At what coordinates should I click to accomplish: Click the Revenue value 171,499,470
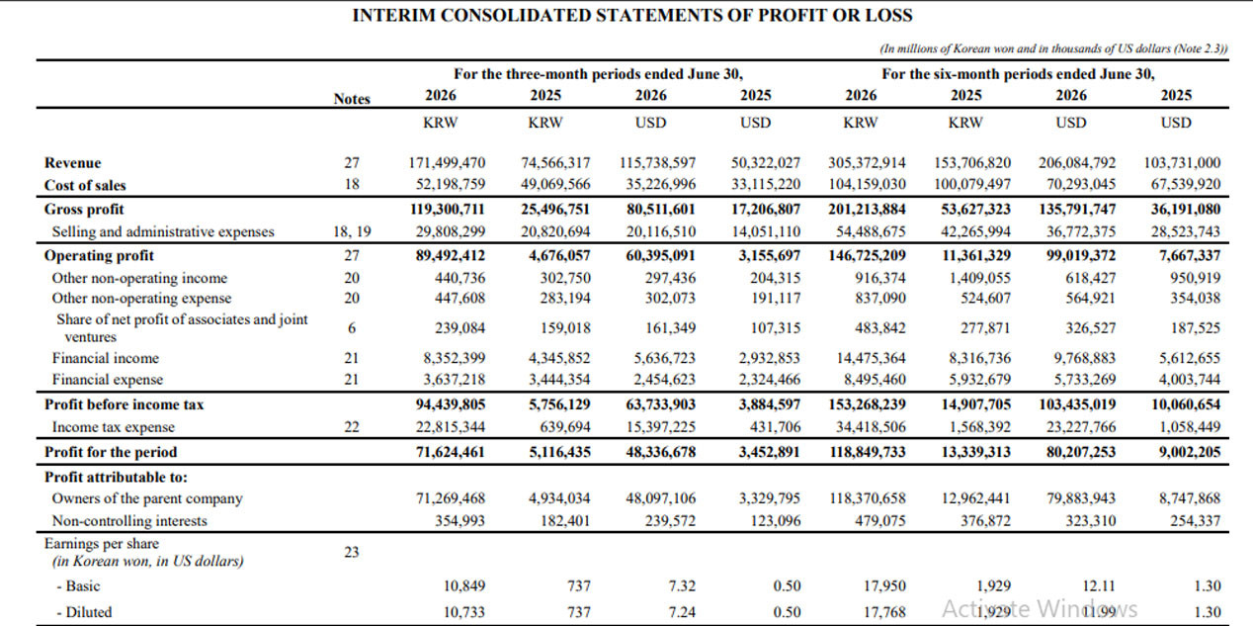point(447,163)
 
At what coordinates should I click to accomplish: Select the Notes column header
point(352,99)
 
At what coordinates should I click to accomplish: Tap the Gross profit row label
point(84,209)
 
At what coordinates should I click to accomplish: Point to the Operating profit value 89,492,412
point(451,255)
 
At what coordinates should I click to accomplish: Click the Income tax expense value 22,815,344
point(451,426)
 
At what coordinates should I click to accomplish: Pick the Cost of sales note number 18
point(352,184)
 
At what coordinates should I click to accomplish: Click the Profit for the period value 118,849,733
point(867,452)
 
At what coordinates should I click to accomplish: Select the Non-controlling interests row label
point(129,521)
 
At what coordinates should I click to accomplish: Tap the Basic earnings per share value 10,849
point(464,585)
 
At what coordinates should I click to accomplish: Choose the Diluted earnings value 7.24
point(682,612)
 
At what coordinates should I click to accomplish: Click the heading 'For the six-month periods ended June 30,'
point(1019,74)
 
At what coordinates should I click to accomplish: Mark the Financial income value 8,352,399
point(454,358)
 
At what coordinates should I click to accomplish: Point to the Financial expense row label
point(108,380)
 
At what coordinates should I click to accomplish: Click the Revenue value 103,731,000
point(1182,163)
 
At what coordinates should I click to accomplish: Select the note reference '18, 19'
point(352,231)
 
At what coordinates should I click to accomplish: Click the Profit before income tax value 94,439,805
point(451,404)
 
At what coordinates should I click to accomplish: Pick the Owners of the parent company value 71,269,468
point(451,498)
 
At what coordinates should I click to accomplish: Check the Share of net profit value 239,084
point(459,327)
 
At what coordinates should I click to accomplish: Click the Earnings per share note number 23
point(351,552)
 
